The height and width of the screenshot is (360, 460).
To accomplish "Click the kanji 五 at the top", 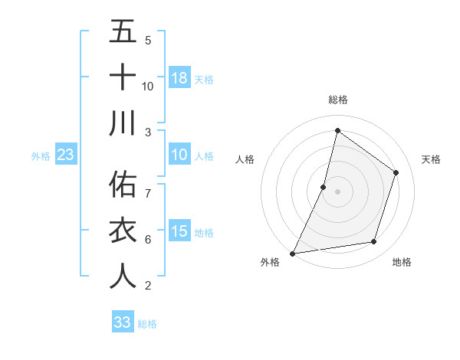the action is (123, 32).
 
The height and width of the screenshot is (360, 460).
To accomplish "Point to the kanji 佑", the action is (123, 185).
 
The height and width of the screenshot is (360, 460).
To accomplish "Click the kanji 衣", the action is (123, 231).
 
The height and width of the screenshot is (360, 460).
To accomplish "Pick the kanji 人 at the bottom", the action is (123, 276).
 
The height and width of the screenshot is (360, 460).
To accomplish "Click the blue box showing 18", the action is (179, 78).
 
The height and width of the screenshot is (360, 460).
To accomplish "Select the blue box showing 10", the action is (179, 155).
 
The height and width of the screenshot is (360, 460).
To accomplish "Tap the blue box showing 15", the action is (179, 231).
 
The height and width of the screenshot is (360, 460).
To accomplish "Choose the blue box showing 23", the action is (65, 155).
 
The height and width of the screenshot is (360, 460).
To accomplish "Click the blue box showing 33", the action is (123, 322).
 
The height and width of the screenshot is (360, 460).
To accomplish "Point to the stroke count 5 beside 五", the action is (148, 40).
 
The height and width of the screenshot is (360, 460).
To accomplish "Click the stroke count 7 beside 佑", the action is (148, 192).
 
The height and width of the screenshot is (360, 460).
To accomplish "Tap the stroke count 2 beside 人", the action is (148, 286).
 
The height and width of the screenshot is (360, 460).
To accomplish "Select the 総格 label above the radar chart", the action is (337, 100).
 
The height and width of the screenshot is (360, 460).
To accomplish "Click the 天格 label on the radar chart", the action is (431, 159).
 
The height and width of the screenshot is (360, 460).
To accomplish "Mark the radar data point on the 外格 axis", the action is (292, 253).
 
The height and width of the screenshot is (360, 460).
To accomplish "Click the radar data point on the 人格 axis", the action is (324, 187).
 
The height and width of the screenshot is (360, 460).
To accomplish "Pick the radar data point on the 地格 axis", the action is (374, 242).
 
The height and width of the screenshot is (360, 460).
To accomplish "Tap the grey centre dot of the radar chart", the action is (337, 191).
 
